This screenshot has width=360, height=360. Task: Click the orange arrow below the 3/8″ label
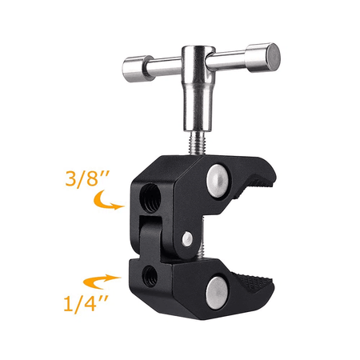coord(106,202)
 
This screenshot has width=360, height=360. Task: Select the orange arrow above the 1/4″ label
coord(102,282)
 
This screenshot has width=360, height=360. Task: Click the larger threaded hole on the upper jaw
coord(150,198)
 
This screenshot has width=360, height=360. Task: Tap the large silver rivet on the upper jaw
coord(218,181)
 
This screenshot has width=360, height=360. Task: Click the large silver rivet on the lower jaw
coord(218,293)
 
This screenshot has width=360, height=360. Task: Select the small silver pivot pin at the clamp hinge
coord(187,238)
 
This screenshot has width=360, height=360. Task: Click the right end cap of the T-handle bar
coord(270,58)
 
